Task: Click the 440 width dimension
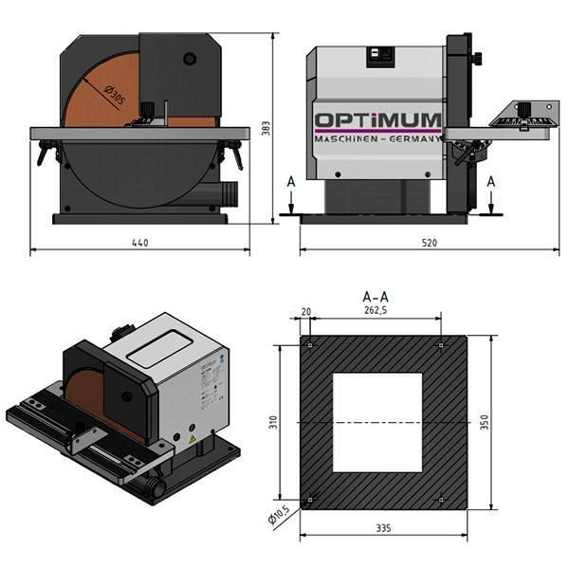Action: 139,243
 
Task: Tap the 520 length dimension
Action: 429,243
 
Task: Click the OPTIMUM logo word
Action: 378,121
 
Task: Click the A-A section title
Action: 376,297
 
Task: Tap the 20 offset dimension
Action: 305,310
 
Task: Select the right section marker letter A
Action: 490,180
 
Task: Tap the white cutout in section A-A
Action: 376,422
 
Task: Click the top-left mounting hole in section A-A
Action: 310,344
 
